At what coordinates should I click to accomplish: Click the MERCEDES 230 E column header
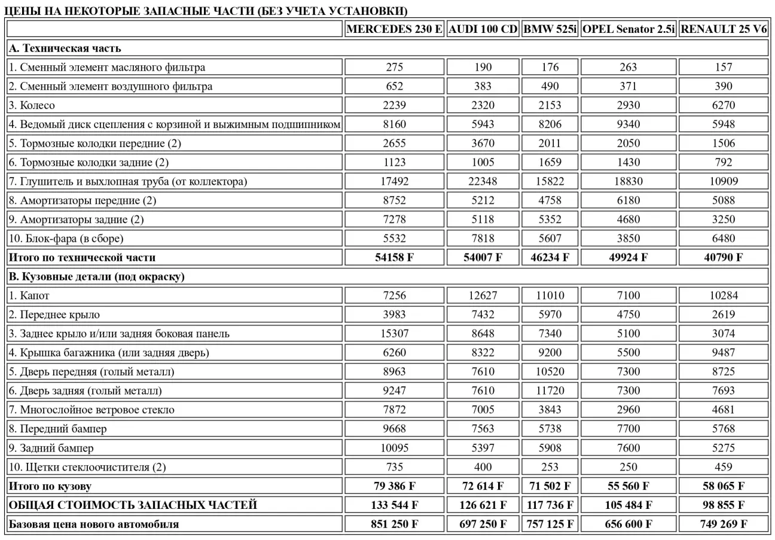click(395, 29)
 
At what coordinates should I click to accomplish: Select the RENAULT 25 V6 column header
click(724, 29)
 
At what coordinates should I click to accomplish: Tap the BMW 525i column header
click(550, 29)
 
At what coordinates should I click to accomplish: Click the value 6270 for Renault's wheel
click(724, 105)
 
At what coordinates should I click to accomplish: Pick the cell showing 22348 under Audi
click(483, 181)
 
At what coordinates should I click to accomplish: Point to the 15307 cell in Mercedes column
click(395, 334)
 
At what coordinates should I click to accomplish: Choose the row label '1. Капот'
click(29, 295)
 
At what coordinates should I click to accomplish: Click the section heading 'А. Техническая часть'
click(65, 48)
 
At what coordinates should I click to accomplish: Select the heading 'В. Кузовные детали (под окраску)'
click(96, 276)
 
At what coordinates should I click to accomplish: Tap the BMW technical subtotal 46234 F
click(550, 258)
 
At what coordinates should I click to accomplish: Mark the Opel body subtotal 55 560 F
click(628, 486)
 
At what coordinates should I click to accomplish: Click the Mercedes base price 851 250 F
click(395, 524)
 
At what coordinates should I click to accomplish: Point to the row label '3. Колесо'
click(32, 105)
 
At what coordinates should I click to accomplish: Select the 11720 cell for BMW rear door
click(550, 391)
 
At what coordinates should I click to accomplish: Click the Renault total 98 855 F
click(724, 505)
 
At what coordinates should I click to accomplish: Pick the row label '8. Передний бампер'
click(57, 429)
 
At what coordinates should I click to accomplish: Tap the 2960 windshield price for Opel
click(628, 410)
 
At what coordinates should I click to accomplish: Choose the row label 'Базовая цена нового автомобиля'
click(93, 524)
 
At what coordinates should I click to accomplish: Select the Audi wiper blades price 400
click(483, 467)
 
